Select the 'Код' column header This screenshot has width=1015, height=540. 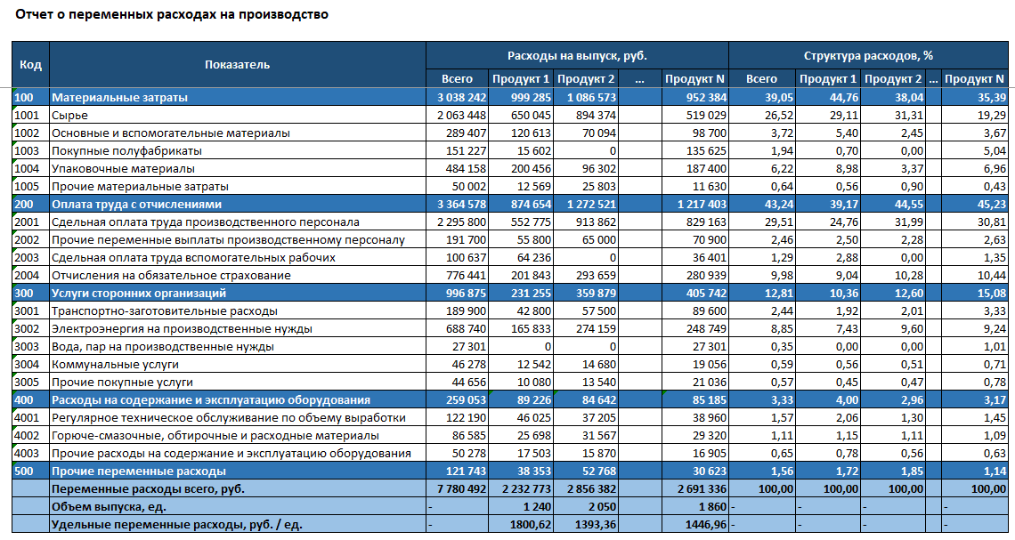30,64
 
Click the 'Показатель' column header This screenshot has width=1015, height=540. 237,64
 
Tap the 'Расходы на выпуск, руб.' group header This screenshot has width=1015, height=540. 577,55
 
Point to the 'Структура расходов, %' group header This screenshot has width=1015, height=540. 868,55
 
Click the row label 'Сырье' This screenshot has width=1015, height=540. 69,115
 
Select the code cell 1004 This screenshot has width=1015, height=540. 27,168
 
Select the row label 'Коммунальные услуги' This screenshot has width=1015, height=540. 115,364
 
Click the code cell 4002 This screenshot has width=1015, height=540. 27,435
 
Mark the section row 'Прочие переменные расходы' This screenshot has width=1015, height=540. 139,471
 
